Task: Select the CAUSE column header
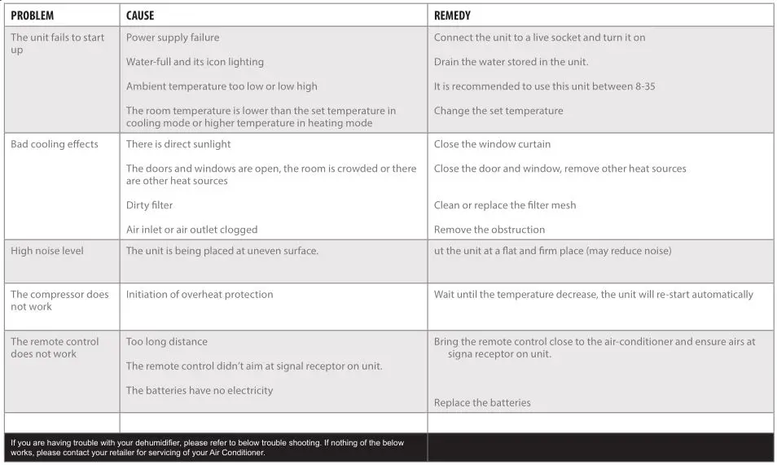click(x=140, y=15)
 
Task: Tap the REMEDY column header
click(x=452, y=15)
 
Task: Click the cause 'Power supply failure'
click(x=173, y=37)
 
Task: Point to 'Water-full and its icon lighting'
click(x=195, y=62)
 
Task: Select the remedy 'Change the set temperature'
click(x=498, y=111)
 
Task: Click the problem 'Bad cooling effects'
click(x=55, y=144)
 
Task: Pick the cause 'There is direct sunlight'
click(x=178, y=144)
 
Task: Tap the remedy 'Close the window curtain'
click(x=492, y=144)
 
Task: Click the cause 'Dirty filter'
click(x=149, y=205)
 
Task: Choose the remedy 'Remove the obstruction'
click(x=489, y=230)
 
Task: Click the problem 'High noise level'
click(x=47, y=251)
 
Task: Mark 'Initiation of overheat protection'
click(x=200, y=295)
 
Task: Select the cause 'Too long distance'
click(x=167, y=342)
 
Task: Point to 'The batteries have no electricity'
click(x=200, y=391)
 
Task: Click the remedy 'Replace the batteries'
click(x=482, y=403)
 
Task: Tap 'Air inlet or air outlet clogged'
click(x=191, y=230)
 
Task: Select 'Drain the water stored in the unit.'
click(x=511, y=62)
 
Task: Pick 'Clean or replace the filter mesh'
click(x=505, y=205)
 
